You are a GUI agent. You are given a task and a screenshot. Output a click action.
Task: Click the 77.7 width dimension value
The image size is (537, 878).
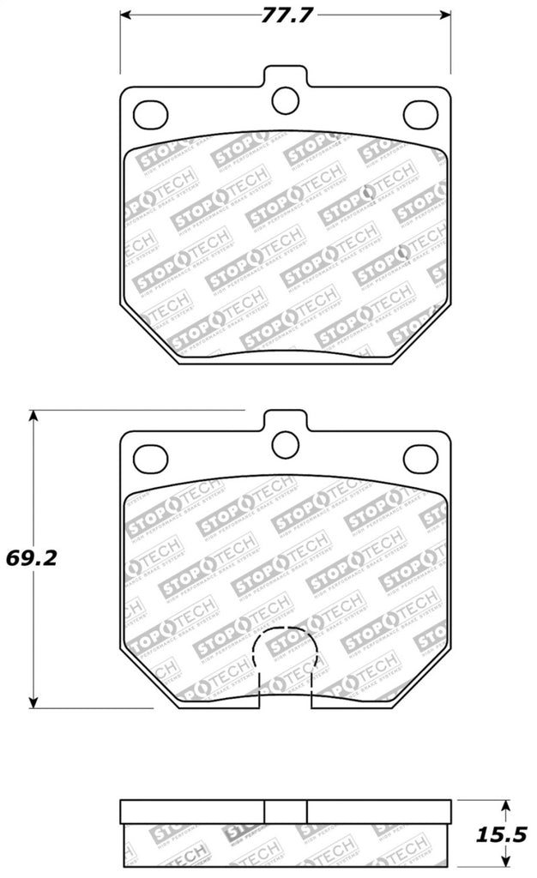[286, 15]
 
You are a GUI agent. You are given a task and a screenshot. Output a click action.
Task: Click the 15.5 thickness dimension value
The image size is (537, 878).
[505, 832]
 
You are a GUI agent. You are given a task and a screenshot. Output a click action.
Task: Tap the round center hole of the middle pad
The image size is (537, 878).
[285, 443]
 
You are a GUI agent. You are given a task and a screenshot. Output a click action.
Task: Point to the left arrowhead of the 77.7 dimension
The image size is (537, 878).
[124, 15]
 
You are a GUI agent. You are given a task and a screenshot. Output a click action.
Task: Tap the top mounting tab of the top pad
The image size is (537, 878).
[285, 76]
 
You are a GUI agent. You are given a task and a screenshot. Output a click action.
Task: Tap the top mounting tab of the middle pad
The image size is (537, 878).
[285, 419]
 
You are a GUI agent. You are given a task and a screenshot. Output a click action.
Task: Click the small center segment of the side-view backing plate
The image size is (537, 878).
[285, 811]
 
